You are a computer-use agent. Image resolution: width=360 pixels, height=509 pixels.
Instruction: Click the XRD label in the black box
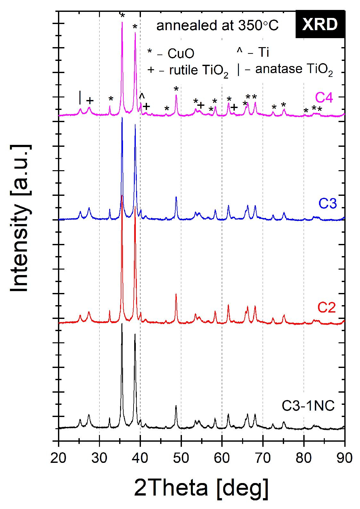(x=320, y=24)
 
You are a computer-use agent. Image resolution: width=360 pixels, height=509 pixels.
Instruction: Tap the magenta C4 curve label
(x=324, y=97)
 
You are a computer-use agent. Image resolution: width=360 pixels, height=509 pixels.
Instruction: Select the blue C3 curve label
(x=327, y=203)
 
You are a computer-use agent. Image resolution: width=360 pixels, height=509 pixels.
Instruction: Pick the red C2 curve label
(x=326, y=307)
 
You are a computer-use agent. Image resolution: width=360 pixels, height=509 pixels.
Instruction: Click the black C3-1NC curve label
(x=308, y=406)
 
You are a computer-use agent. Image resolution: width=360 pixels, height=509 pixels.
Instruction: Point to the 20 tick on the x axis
(x=58, y=458)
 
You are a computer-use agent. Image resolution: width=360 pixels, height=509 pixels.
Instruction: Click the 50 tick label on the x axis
(x=181, y=458)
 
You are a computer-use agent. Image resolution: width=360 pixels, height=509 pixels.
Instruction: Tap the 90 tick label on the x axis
(x=345, y=458)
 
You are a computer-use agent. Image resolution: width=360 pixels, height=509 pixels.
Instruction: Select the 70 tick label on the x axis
(x=263, y=458)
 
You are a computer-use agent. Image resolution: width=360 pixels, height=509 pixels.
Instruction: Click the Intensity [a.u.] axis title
(x=20, y=218)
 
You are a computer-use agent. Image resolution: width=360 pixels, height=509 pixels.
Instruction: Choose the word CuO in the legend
(x=181, y=54)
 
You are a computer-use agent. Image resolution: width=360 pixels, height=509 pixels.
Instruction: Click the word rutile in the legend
(x=183, y=70)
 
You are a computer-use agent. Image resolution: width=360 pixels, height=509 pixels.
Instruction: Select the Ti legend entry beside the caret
(x=264, y=52)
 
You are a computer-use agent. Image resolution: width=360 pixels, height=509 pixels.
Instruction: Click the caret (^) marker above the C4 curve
(x=142, y=96)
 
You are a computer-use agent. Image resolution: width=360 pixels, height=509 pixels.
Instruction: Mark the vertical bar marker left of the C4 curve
(x=80, y=97)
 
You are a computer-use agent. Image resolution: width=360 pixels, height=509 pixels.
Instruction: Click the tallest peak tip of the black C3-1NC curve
(x=122, y=324)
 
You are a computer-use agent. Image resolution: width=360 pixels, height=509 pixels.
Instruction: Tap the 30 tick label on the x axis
(x=99, y=458)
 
